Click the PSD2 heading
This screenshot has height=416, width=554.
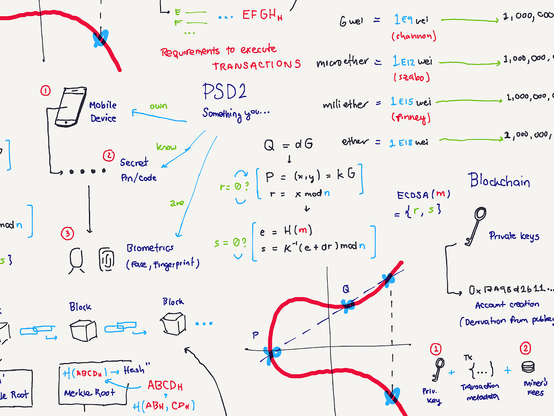pos(224,92)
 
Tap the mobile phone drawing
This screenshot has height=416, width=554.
pos(70,107)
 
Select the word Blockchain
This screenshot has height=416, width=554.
pos(499,181)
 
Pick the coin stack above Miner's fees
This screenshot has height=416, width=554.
pos(528,367)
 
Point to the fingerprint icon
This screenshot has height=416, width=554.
pos(106,260)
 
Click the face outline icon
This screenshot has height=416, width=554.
pos(76,260)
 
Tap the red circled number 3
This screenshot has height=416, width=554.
pos(67,233)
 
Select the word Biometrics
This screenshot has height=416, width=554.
pos(150,248)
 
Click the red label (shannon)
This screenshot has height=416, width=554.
pos(414,36)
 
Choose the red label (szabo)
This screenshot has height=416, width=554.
pos(412,77)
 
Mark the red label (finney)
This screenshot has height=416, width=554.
pos(411,117)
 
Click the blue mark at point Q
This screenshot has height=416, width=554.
pos(348,305)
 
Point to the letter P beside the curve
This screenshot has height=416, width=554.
pos(256,336)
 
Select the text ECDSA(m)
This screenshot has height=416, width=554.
pos(423,195)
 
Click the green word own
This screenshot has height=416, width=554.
pos(158,106)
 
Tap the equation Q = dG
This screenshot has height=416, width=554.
pos(288,145)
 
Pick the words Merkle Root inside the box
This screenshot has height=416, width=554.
pos(89,393)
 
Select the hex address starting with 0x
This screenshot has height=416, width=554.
pos(510,290)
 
